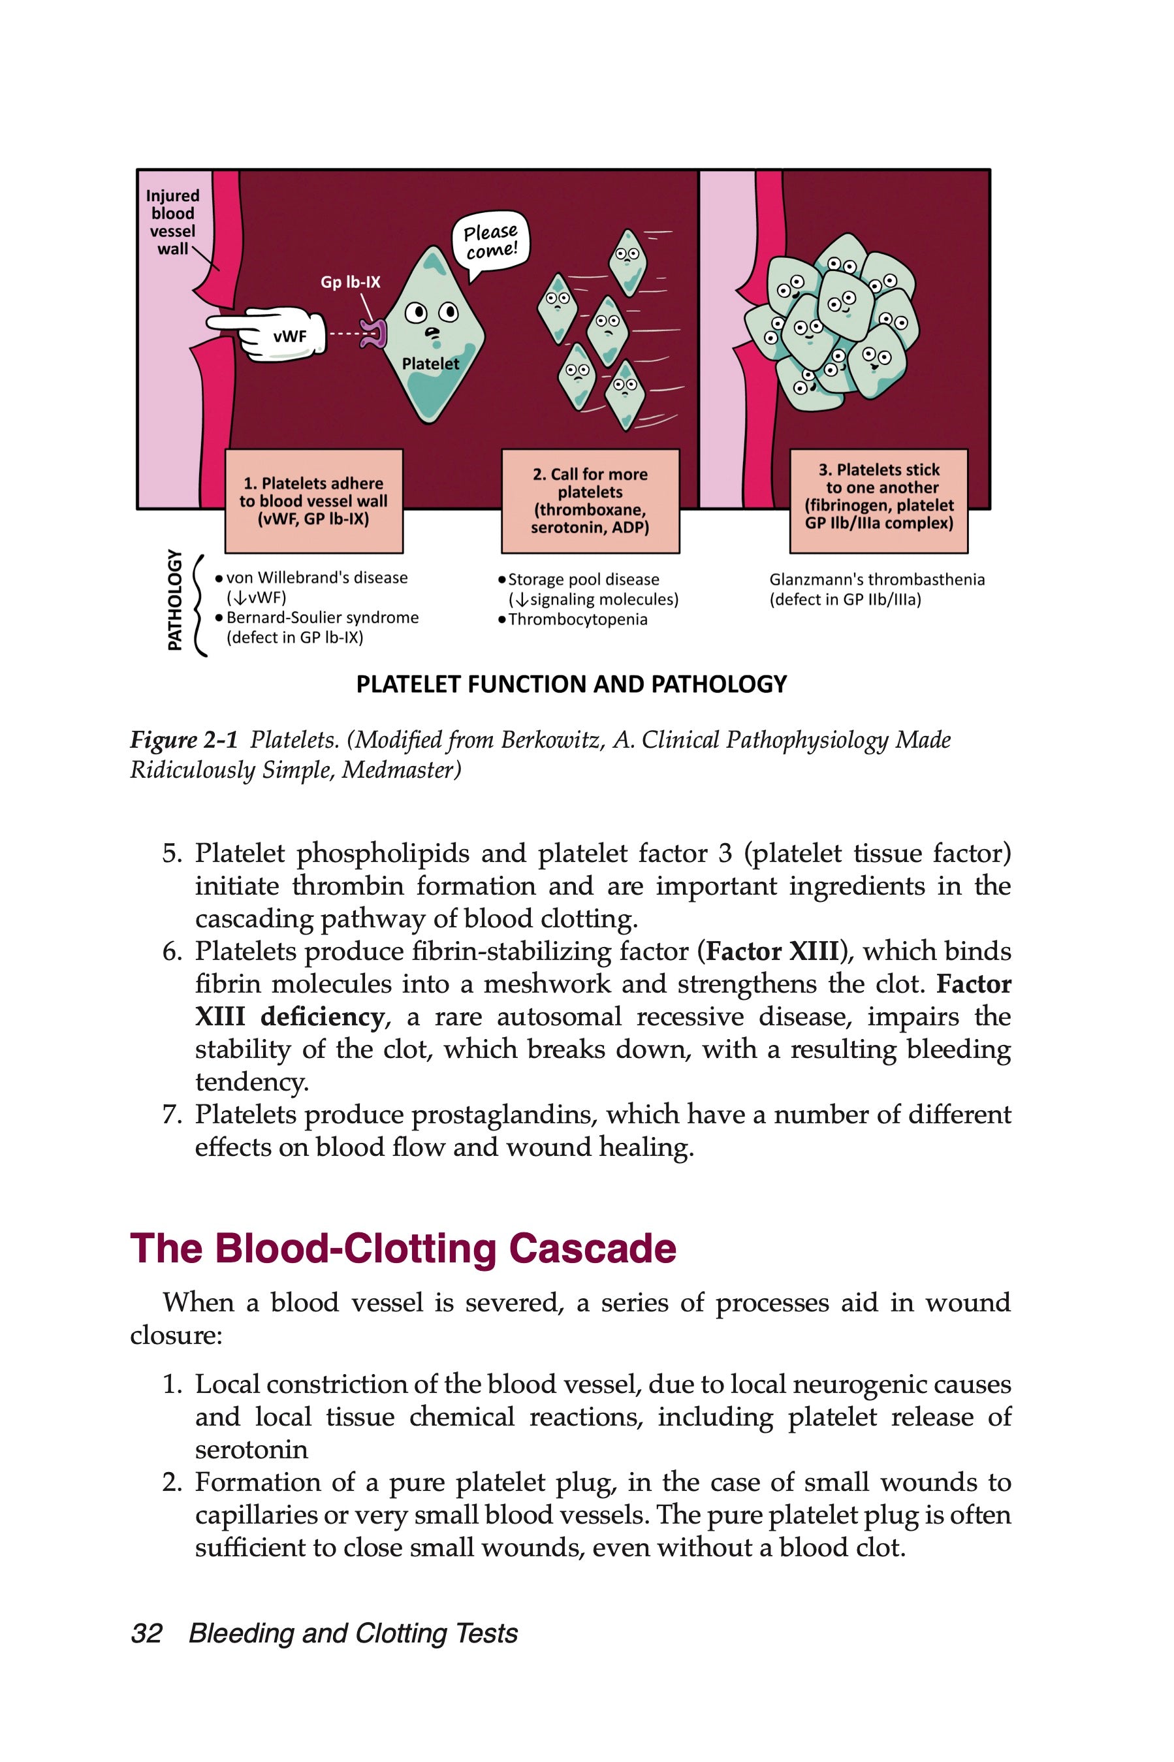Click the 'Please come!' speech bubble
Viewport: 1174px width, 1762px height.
click(x=490, y=241)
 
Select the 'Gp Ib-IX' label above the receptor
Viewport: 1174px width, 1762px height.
click(x=351, y=282)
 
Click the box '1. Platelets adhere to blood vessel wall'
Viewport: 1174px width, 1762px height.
click(x=313, y=501)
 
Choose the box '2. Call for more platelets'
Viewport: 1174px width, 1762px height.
click(x=590, y=501)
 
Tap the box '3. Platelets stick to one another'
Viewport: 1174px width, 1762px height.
click(x=879, y=497)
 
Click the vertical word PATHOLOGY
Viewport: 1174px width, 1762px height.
click(x=174, y=600)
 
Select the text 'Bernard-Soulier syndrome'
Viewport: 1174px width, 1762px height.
click(x=323, y=618)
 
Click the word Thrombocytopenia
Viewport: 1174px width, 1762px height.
click(x=577, y=620)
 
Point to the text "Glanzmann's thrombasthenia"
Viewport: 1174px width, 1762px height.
click(x=877, y=579)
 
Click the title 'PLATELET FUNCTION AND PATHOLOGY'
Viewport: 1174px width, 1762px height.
click(x=571, y=684)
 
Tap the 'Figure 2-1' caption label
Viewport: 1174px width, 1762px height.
click(x=183, y=741)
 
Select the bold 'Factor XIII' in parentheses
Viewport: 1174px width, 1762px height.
click(x=772, y=952)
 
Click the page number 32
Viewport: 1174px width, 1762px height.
click(x=147, y=1633)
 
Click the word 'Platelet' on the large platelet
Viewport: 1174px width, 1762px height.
click(x=430, y=364)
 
